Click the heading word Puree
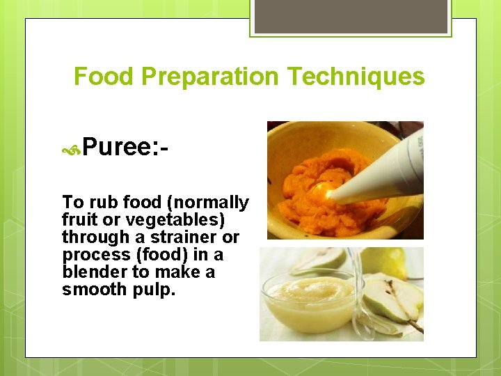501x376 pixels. click(x=120, y=147)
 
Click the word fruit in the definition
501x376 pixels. click(x=76, y=220)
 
